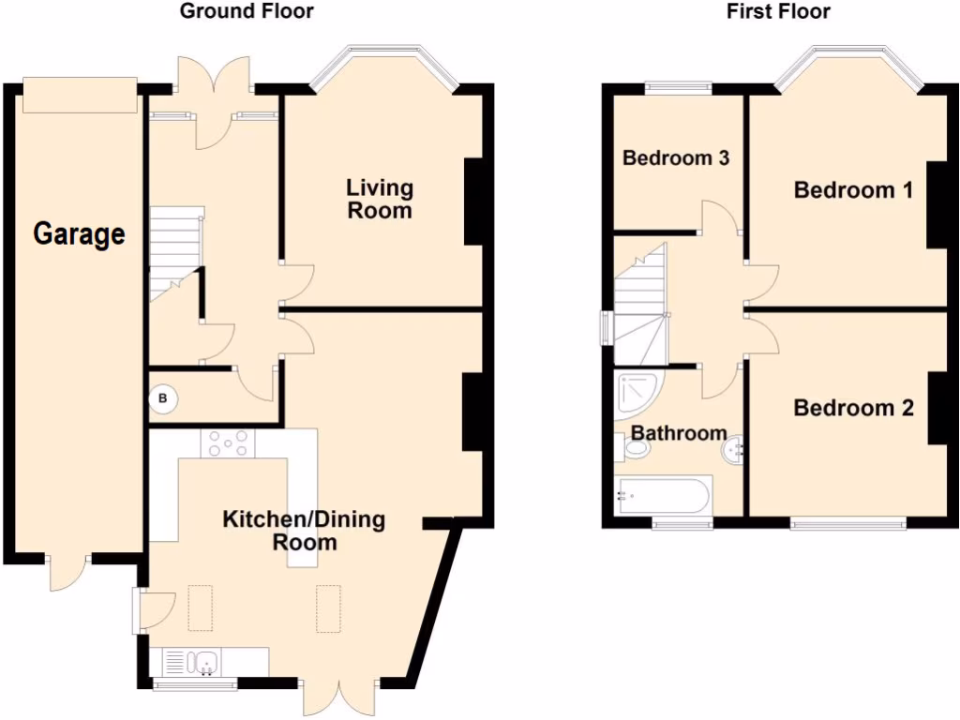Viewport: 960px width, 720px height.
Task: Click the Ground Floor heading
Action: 247,11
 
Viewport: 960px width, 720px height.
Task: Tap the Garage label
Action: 79,233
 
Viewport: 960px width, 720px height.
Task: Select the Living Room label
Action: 380,199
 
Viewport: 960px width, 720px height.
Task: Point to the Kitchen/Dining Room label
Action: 304,531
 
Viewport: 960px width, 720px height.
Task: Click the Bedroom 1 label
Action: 853,190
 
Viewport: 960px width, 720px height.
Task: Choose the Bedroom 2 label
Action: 853,408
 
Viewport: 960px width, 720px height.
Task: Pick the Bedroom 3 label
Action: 676,157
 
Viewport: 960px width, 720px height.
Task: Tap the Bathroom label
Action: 679,432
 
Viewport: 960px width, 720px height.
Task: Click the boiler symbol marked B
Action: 164,399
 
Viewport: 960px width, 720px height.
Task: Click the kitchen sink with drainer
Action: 192,663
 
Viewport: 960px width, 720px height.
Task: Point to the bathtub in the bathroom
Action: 664,495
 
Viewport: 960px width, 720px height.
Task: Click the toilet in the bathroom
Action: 633,449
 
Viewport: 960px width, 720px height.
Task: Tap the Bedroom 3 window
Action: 678,89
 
